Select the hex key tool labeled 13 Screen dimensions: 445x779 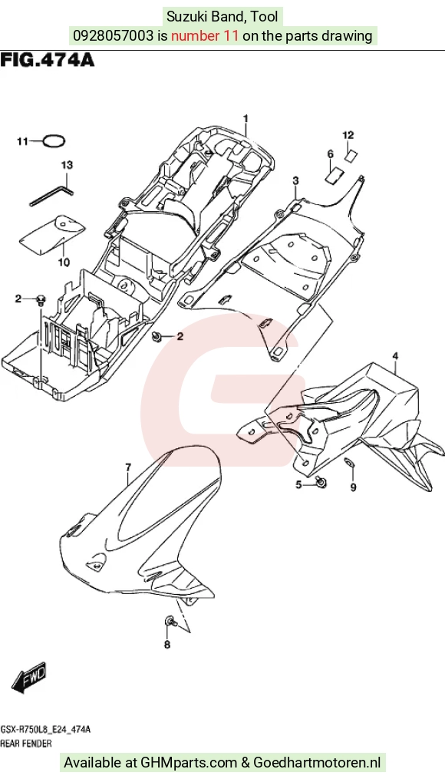click(x=52, y=196)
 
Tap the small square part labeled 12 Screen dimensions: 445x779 click(x=351, y=154)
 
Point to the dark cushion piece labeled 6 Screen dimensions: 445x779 click(x=334, y=174)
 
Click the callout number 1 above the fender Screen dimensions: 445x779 click(x=245, y=118)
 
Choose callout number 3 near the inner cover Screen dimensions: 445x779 click(x=295, y=180)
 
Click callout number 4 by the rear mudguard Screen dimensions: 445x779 click(x=395, y=355)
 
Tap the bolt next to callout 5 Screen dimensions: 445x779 click(x=321, y=481)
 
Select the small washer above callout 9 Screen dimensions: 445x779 click(x=351, y=464)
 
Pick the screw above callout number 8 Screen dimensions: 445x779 click(x=170, y=621)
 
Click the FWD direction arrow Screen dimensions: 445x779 click(x=29, y=677)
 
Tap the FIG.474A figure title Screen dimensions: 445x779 click(x=47, y=60)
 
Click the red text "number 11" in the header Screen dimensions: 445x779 click(x=205, y=36)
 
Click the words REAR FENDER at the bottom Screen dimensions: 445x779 click(x=26, y=744)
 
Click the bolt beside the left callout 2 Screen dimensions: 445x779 click(x=41, y=299)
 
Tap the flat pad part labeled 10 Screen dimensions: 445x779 click(x=53, y=230)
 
